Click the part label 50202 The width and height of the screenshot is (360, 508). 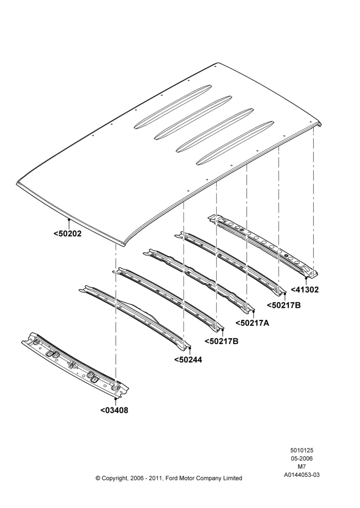point(68,233)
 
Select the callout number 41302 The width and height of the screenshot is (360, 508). point(305,290)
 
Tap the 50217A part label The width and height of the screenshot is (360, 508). point(252,323)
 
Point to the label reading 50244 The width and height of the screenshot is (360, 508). point(188,360)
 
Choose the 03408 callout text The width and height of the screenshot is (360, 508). point(114,410)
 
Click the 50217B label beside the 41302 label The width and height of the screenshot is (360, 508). point(284,305)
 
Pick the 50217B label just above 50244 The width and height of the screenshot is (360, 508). point(222,341)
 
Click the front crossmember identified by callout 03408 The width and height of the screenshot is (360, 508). point(75,365)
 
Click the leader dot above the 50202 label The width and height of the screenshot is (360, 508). point(69,219)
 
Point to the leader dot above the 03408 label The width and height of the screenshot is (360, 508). point(115,399)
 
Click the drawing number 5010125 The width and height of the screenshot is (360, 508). point(302,450)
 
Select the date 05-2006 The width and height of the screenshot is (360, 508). point(302,458)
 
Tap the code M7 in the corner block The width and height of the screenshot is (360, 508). point(302,467)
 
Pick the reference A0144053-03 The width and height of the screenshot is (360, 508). point(302,475)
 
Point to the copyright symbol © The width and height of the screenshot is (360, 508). point(98,478)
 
